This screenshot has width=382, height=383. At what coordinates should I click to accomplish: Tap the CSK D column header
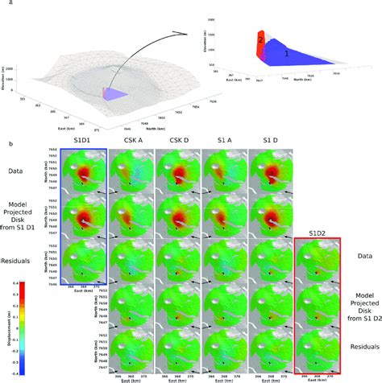(179, 141)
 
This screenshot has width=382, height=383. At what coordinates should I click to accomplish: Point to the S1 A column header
(226, 141)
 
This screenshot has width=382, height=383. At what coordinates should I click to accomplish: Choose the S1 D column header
(272, 141)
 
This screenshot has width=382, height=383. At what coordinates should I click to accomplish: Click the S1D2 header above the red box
(319, 233)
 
